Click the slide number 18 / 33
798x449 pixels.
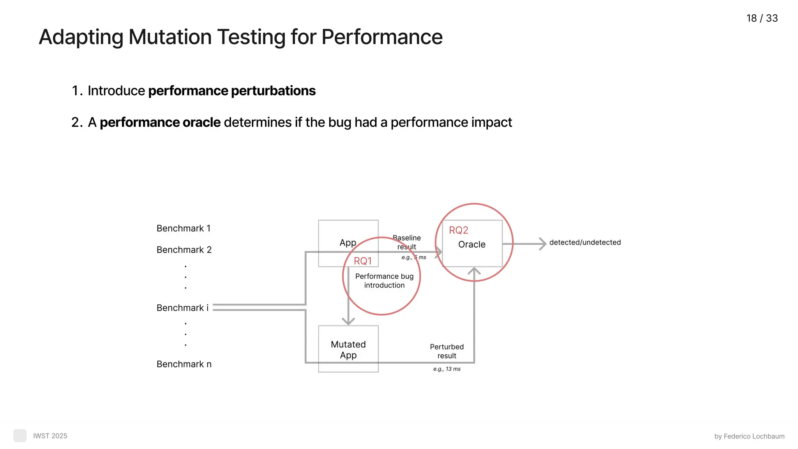762,18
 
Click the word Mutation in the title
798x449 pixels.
170,37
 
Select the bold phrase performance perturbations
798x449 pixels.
232,91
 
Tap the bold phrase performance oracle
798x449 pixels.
160,122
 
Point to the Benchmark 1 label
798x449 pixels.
184,228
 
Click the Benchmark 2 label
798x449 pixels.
184,250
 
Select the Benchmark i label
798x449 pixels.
182,308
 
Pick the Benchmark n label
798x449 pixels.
184,364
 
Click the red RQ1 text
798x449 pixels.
362,261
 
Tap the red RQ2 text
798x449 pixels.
458,230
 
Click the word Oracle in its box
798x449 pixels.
471,244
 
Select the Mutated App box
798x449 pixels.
348,349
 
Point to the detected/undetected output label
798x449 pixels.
585,242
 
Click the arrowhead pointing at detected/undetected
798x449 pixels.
542,244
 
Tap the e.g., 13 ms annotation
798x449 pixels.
447,369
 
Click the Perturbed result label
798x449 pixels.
447,351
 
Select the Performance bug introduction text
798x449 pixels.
384,281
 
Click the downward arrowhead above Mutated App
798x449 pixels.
348,321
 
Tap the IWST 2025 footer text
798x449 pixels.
50,436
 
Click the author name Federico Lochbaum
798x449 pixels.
754,437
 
